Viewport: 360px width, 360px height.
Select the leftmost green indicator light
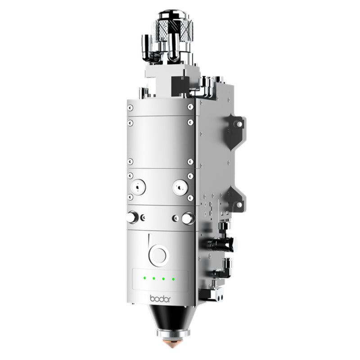tap(144, 278)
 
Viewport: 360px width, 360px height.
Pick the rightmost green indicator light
tap(173, 279)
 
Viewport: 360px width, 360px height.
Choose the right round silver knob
tap(185, 218)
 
